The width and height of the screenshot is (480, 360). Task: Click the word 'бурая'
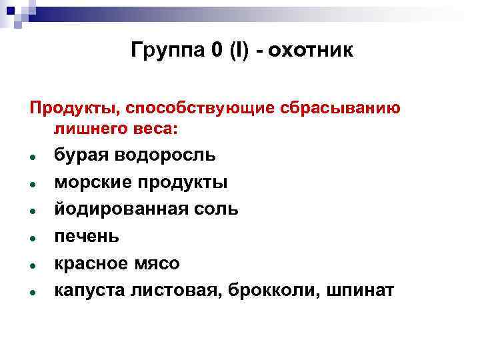81,155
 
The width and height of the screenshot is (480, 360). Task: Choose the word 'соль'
215,209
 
